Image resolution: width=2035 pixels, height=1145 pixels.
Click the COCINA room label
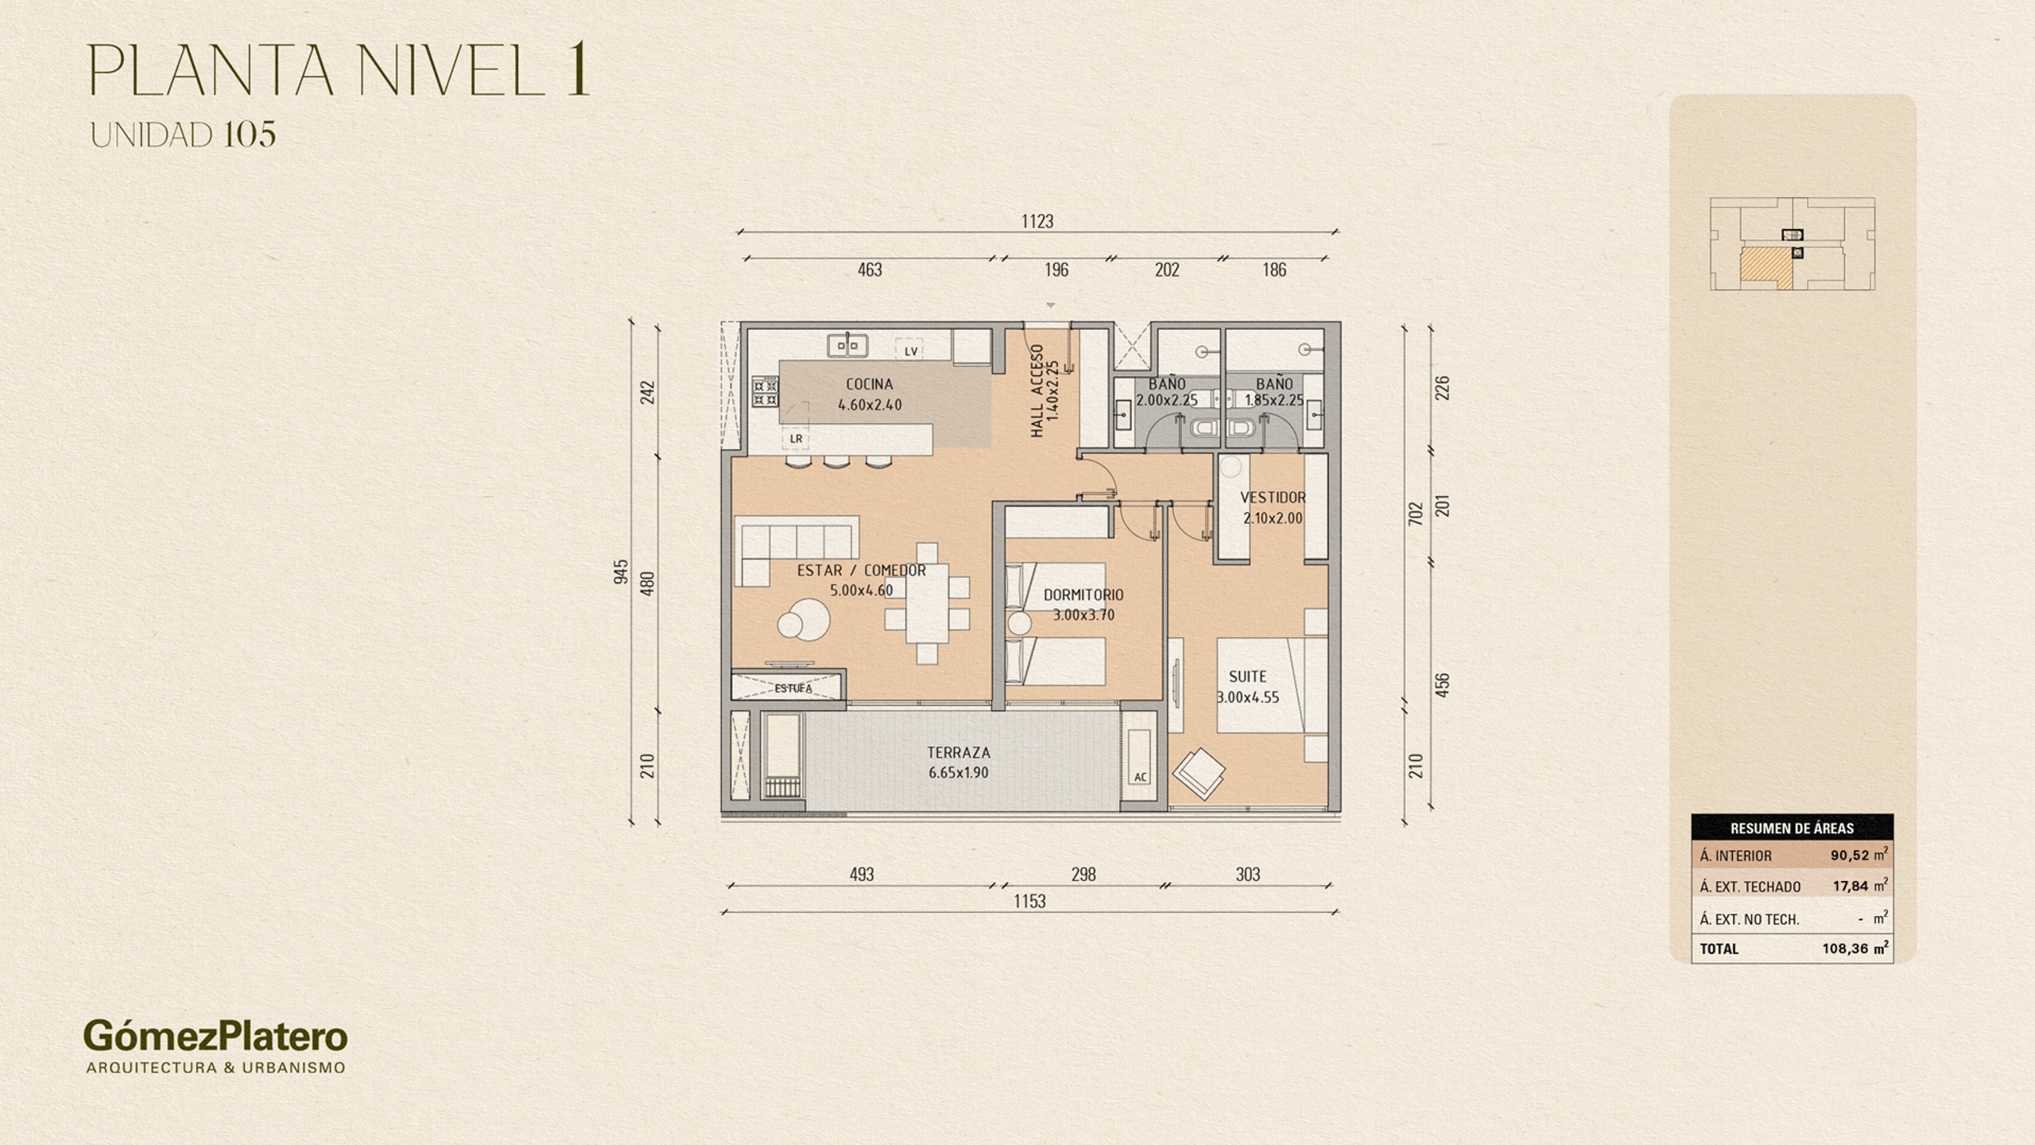click(x=870, y=384)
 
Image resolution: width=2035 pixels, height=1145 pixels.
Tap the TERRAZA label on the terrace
click(x=959, y=752)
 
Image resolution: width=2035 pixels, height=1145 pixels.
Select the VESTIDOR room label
click(x=1273, y=498)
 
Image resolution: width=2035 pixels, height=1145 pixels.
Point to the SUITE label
click(x=1247, y=677)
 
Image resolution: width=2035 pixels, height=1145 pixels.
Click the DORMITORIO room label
click(x=1083, y=595)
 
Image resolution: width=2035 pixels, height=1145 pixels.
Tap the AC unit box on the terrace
click(x=1141, y=777)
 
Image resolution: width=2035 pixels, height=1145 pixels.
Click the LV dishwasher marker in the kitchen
click(x=910, y=351)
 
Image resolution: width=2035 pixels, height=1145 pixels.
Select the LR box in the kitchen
click(x=796, y=438)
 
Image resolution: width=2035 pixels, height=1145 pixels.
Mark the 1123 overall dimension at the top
click(x=1037, y=221)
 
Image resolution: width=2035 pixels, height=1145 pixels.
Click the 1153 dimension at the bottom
click(x=1029, y=901)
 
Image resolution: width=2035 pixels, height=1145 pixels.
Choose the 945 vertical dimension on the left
click(x=622, y=571)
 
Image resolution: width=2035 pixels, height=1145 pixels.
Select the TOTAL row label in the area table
click(x=1719, y=949)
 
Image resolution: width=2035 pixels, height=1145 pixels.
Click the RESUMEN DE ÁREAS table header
click(x=1792, y=829)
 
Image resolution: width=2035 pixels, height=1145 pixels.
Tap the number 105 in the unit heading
click(x=250, y=134)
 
